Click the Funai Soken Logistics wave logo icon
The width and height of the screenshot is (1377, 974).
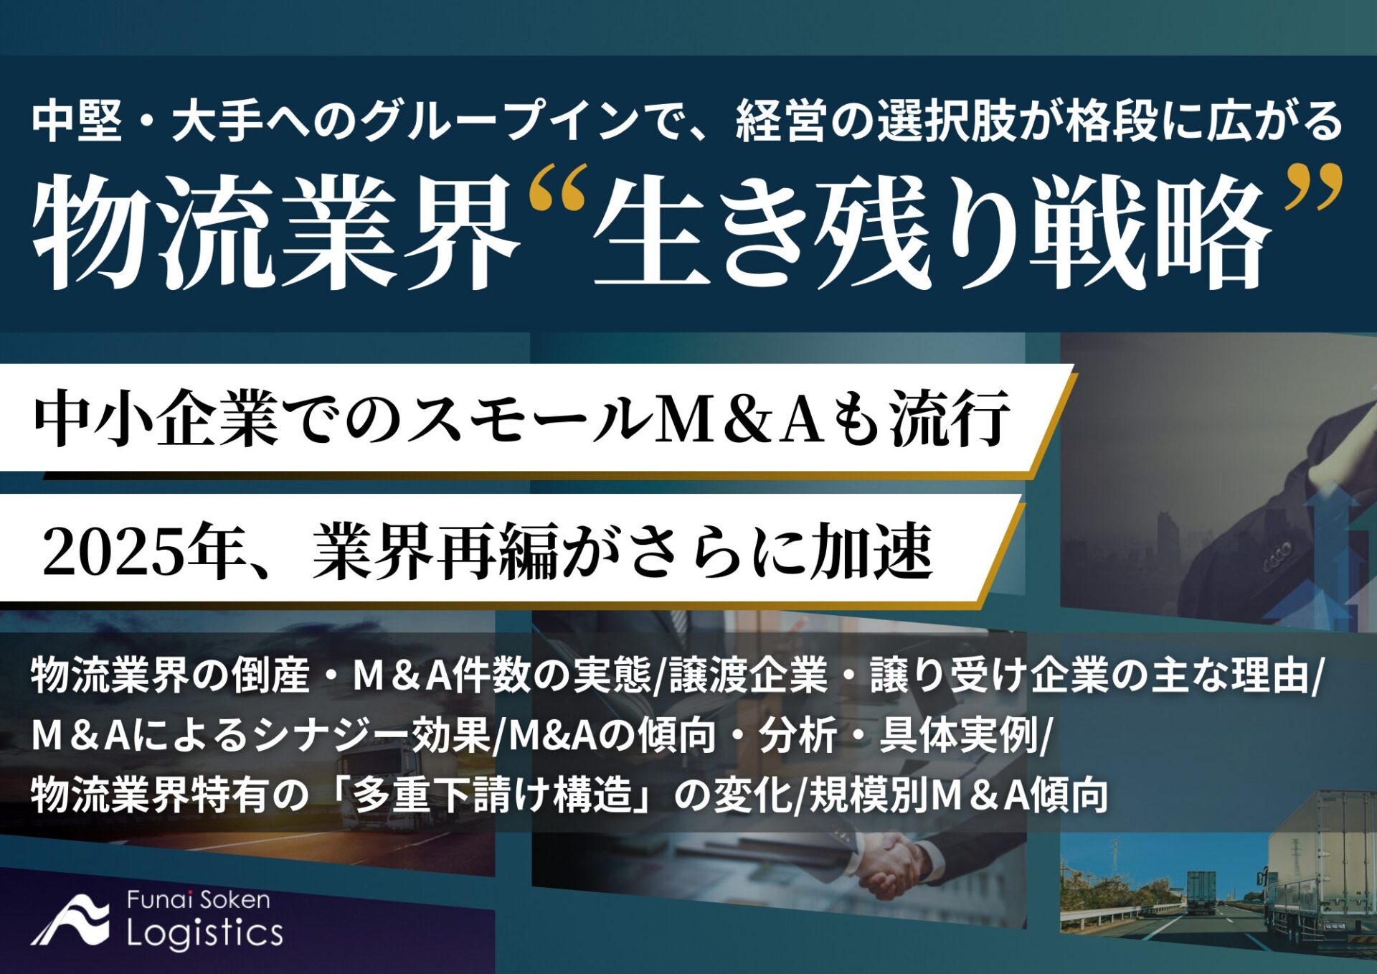70,921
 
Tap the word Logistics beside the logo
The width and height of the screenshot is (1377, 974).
205,933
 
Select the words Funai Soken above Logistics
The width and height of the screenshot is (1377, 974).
199,900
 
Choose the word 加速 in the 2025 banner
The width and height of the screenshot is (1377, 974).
871,553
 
